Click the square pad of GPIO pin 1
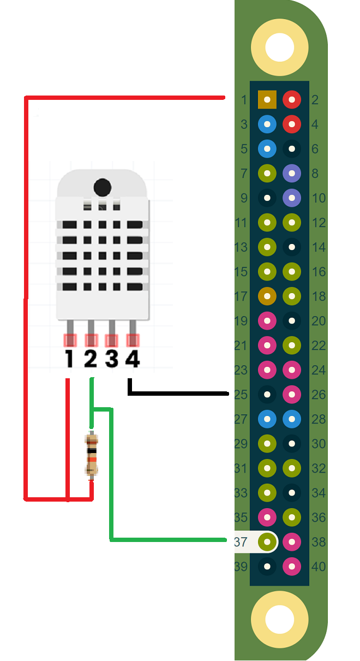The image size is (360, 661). coord(267,99)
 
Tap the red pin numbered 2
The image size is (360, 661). coord(292,99)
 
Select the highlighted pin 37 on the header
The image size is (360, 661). coord(267,542)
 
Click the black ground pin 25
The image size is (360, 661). coord(267,394)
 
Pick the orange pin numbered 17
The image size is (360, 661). coord(267,296)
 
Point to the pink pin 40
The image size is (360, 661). coord(292,566)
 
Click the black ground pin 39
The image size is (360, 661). coord(267,566)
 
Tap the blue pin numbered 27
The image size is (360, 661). coord(267,419)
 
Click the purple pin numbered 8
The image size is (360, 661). coord(292,173)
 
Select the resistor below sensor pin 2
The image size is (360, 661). coord(92,455)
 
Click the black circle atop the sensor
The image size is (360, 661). coord(103,187)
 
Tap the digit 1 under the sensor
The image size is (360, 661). coord(69,359)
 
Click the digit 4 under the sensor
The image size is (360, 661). coord(133,359)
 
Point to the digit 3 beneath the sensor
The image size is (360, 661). coord(112,359)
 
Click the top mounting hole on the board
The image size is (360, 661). coord(279,47)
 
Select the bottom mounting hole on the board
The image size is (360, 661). coord(279,620)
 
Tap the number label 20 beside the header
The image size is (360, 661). coord(319,321)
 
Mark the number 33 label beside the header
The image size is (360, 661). coord(241,493)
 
